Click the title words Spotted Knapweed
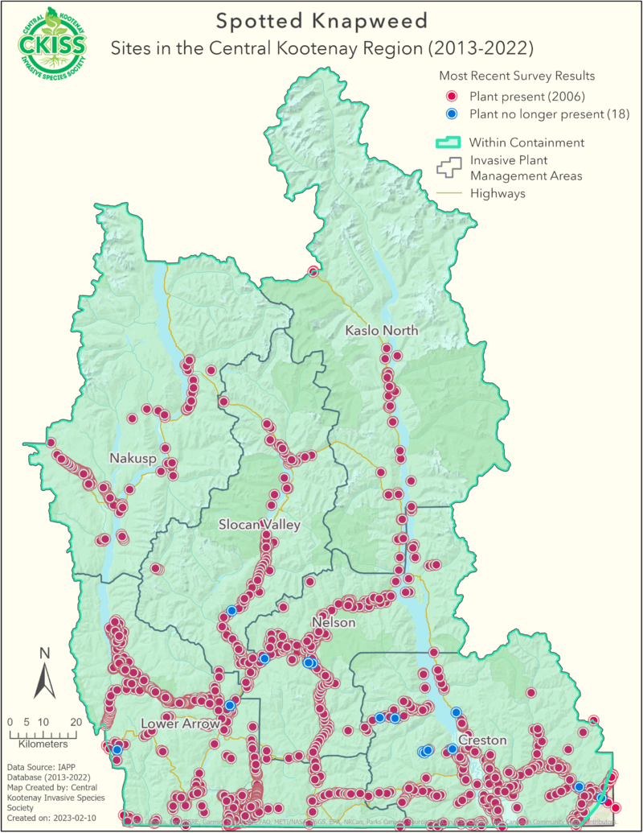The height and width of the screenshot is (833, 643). pyautogui.click(x=321, y=19)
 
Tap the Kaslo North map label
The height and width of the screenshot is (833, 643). pyautogui.click(x=381, y=331)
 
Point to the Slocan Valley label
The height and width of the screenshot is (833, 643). pyautogui.click(x=260, y=525)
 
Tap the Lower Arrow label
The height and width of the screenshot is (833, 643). pyautogui.click(x=180, y=724)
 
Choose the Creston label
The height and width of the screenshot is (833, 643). pyautogui.click(x=482, y=740)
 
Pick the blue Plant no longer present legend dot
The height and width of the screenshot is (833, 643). pyautogui.click(x=452, y=114)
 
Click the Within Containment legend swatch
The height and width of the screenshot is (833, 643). pyautogui.click(x=448, y=142)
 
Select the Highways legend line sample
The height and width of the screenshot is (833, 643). pyautogui.click(x=448, y=193)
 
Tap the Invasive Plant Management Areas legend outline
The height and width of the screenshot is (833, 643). pyautogui.click(x=448, y=166)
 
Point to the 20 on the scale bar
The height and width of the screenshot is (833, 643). pyautogui.click(x=76, y=721)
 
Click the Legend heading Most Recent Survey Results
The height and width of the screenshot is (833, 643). pyautogui.click(x=517, y=76)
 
